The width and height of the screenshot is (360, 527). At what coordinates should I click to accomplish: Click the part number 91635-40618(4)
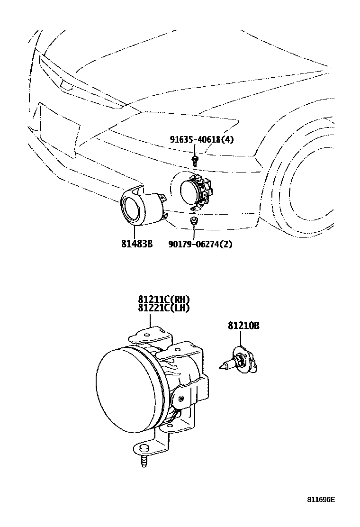pos(202,139)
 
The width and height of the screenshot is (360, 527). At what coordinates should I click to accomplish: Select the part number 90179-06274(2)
pos(200,245)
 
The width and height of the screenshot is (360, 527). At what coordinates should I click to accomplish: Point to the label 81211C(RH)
pos(164,300)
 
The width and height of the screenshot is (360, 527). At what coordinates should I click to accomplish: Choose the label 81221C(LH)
pos(164,308)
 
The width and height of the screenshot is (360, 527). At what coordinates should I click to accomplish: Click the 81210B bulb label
pos(243,326)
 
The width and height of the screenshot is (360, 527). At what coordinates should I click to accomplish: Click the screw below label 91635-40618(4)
pos(194,158)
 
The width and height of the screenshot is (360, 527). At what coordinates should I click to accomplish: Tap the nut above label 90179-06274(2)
pos(193,221)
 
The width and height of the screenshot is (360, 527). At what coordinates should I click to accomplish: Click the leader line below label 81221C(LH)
pos(152,320)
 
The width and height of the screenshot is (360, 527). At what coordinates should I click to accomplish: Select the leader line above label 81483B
pos(135,232)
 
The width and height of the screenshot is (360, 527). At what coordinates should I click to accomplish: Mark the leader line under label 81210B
pos(240,339)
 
